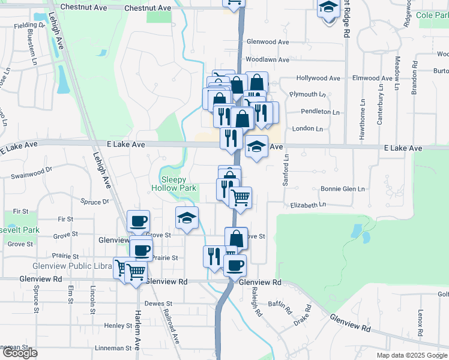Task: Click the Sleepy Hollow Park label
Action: (178, 184)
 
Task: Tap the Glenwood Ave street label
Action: (268, 42)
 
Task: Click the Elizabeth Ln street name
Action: (307, 205)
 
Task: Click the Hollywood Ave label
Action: (318, 79)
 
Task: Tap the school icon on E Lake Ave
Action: (256, 146)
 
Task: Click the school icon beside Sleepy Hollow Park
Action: (187, 218)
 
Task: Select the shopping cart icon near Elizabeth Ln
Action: (241, 197)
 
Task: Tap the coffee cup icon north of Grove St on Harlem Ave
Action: (139, 221)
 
